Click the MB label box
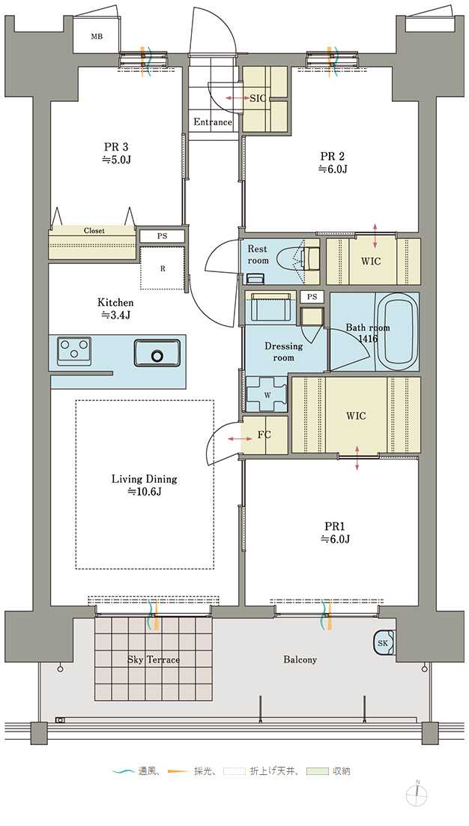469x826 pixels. click(97, 36)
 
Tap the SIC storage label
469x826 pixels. click(258, 98)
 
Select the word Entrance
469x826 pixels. click(213, 122)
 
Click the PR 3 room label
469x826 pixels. click(116, 152)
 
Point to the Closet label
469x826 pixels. click(94, 231)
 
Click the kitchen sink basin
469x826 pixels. click(157, 352)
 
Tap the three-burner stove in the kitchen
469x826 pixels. click(74, 351)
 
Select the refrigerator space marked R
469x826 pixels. click(163, 268)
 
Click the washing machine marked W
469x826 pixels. click(267, 394)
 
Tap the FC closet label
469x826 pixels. click(264, 435)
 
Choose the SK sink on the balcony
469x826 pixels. click(383, 642)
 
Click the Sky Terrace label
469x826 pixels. click(154, 660)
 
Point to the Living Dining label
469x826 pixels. click(145, 485)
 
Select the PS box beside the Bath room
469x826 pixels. click(312, 297)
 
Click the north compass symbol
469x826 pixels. click(417, 795)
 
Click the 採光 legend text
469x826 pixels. click(202, 771)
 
